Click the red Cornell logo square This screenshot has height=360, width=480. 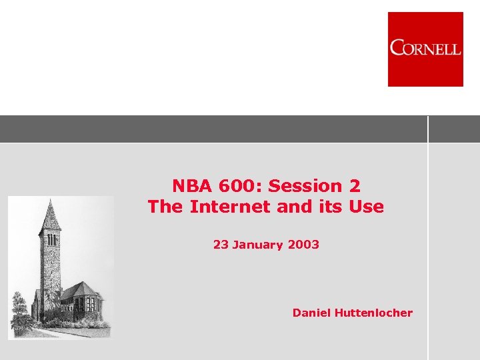pos(425,49)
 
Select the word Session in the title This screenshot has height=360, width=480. pos(299,185)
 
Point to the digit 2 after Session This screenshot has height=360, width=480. pos(354,185)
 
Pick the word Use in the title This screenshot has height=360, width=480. pos(367,207)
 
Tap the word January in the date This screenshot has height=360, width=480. pos(258,245)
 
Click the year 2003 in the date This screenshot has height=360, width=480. pos(303,245)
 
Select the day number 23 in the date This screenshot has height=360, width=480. pos(221,245)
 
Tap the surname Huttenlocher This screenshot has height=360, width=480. pos(375,313)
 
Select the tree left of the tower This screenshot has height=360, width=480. pos(20,310)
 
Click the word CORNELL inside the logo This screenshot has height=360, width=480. pos(425,48)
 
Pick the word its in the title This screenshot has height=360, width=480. pos(329,207)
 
